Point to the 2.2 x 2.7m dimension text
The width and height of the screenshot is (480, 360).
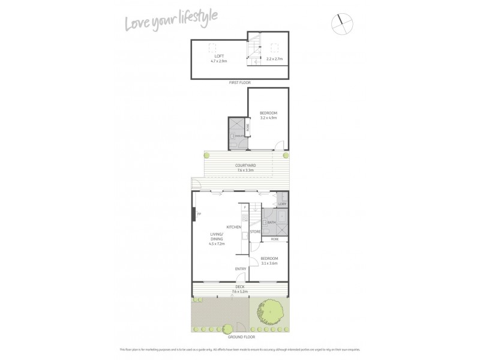[x=275, y=59]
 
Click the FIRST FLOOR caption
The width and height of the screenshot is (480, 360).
[x=239, y=82]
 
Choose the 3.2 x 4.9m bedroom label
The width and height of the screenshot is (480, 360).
[x=268, y=115]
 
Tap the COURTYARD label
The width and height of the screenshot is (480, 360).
[x=245, y=167]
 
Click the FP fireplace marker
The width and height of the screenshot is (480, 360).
[x=198, y=214]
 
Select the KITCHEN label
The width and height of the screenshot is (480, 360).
[x=233, y=227]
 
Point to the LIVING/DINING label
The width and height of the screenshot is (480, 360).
[x=216, y=238]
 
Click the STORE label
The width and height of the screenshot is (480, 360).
[x=254, y=231]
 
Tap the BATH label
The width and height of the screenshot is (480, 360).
[x=271, y=223]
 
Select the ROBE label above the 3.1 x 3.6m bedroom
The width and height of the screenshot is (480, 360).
[x=275, y=239]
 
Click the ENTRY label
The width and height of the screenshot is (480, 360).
[x=240, y=268]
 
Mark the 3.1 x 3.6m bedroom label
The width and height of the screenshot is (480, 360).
[x=269, y=260]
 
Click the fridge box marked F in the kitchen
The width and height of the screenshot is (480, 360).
[x=245, y=207]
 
